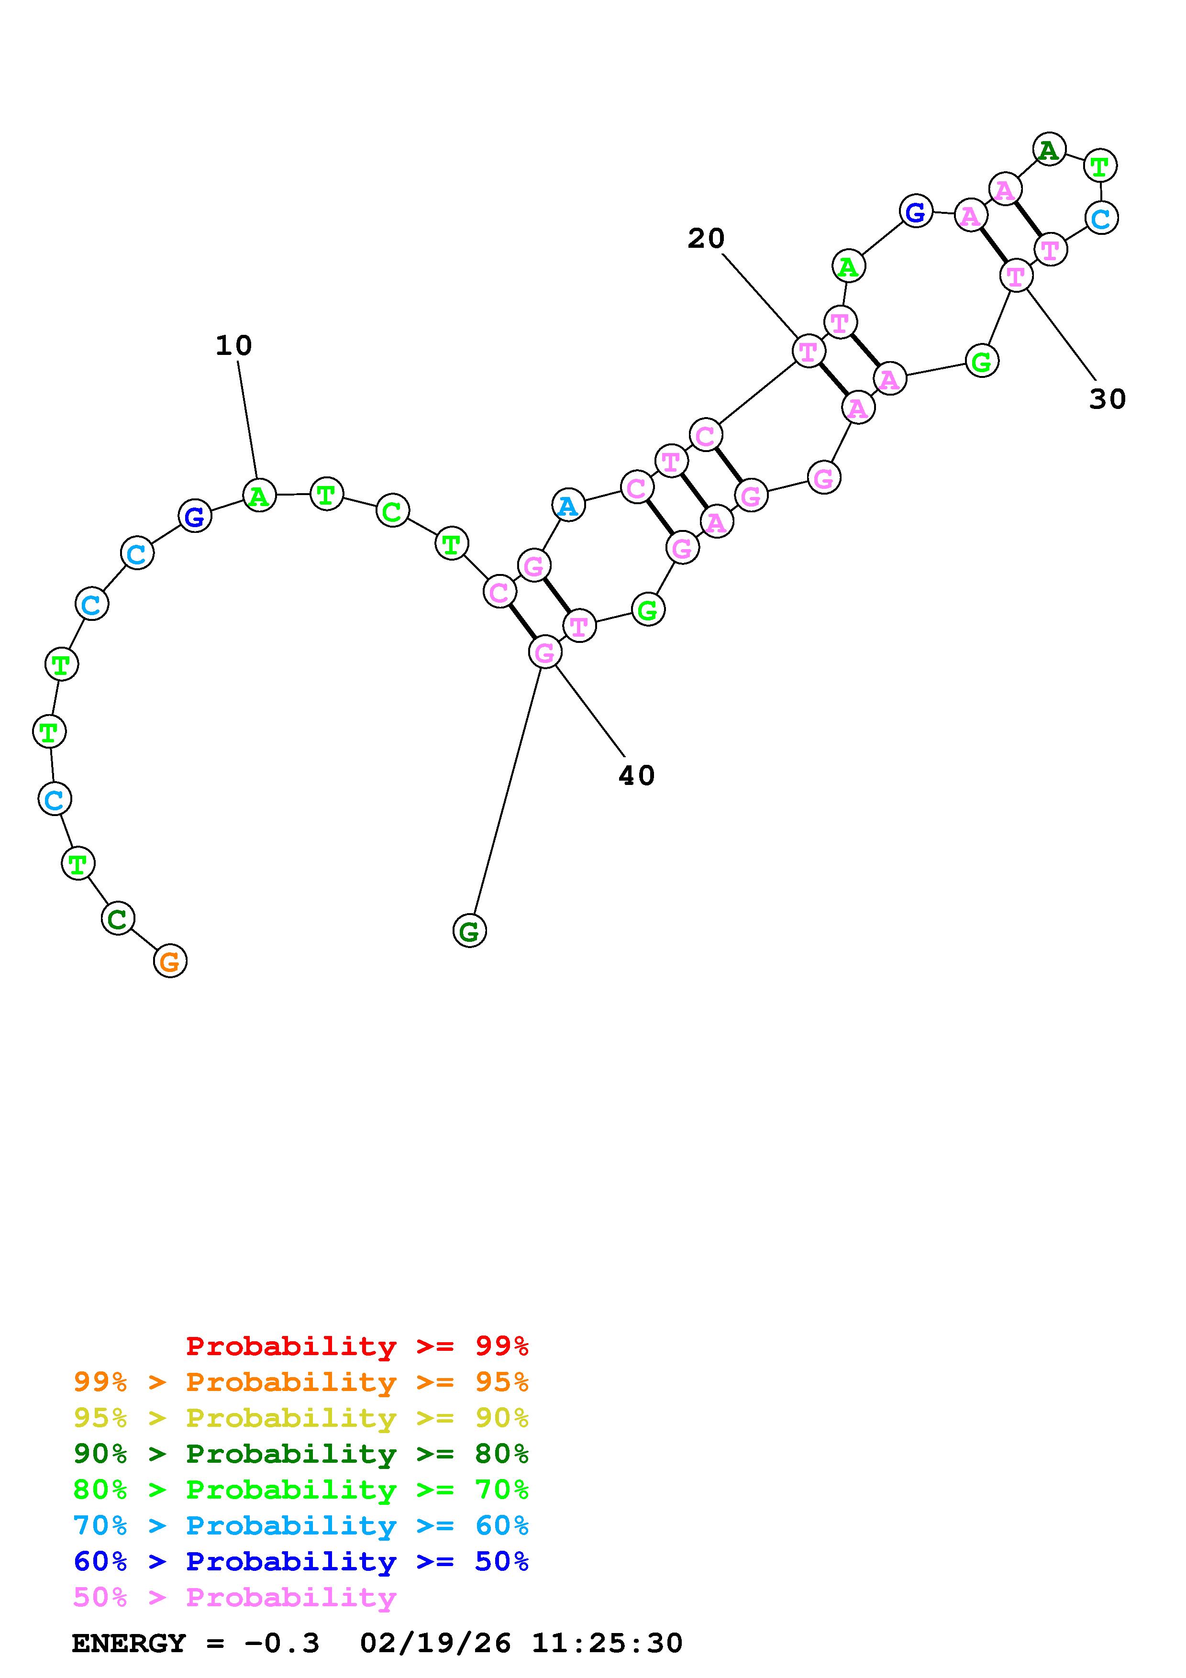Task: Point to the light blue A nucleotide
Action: (x=568, y=505)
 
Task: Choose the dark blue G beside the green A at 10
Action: (x=194, y=516)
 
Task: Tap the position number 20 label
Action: (x=705, y=238)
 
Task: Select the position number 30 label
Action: (x=1107, y=399)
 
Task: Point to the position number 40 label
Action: (x=636, y=775)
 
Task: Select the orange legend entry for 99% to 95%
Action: (x=301, y=1382)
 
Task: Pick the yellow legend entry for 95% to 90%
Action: (x=301, y=1418)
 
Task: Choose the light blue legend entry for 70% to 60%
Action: (x=301, y=1525)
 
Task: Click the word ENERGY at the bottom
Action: (x=129, y=1643)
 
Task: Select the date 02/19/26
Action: (x=435, y=1643)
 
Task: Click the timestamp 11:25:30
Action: (x=607, y=1643)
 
